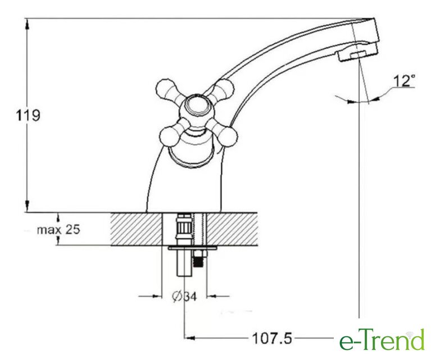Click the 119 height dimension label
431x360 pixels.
point(28,115)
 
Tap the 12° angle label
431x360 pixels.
point(405,80)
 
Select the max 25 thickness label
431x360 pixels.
point(58,229)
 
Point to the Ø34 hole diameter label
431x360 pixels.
point(185,296)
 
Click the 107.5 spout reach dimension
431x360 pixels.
point(272,338)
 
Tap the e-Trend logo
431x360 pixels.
point(382,340)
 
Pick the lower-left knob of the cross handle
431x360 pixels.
point(169,137)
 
